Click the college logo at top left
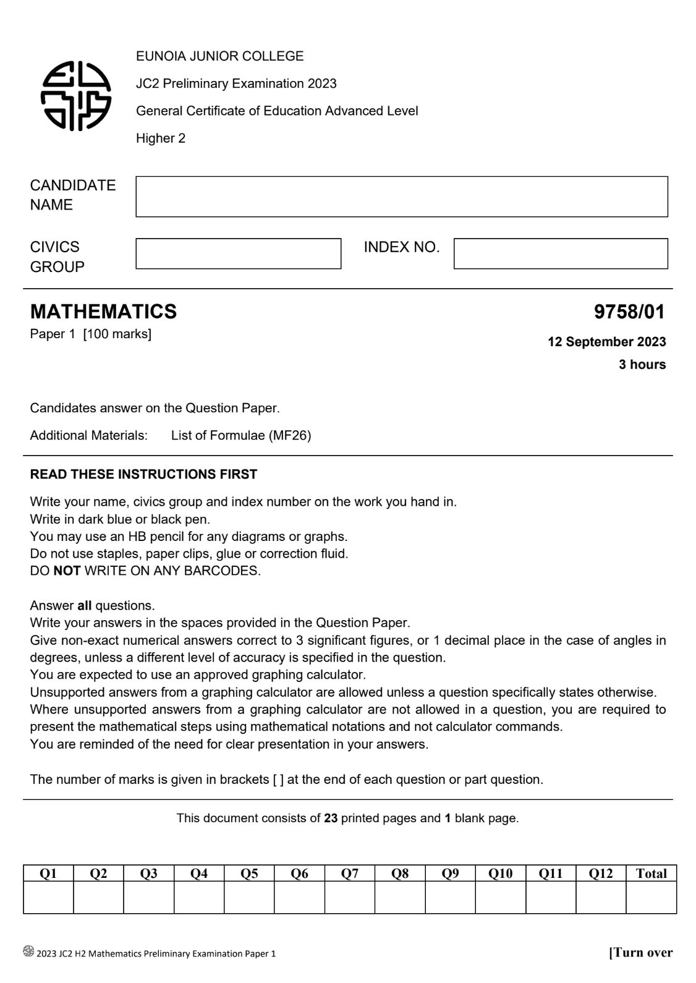tap(75, 96)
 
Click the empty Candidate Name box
tap(401, 197)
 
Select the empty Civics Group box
tap(238, 253)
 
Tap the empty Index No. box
tap(560, 253)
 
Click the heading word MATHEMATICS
tap(103, 312)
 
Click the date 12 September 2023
tap(606, 342)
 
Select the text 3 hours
tap(642, 365)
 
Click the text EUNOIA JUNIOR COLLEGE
tap(219, 56)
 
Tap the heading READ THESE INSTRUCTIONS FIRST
tap(143, 474)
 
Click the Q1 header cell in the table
tap(48, 873)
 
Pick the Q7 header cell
tap(350, 873)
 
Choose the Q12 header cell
tap(601, 873)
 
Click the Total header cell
tap(651, 873)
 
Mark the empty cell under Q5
tap(249, 897)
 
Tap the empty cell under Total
tap(651, 897)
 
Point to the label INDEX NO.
tap(402, 247)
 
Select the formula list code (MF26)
tap(289, 435)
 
